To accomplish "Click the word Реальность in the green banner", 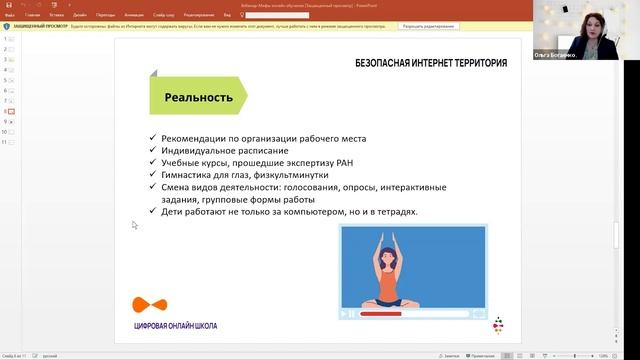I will tap(199, 98).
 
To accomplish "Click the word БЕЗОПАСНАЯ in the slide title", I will tap(385, 63).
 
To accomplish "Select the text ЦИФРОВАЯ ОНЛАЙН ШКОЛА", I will tap(175, 326).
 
